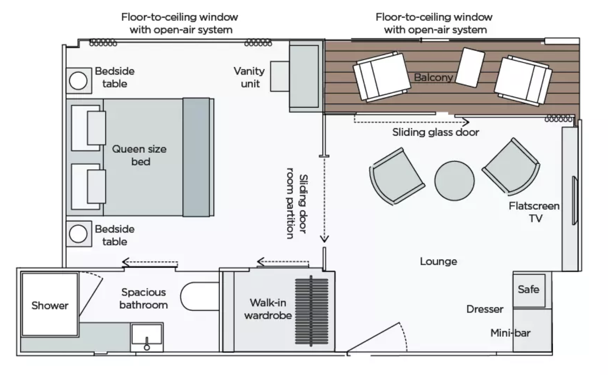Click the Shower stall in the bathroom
(x=49, y=304)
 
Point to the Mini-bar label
(x=510, y=333)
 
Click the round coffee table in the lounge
(x=454, y=180)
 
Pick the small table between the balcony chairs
(x=470, y=67)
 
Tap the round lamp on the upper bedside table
(x=78, y=81)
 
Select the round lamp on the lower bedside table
(x=78, y=234)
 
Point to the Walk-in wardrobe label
(x=268, y=309)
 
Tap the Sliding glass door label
(x=435, y=132)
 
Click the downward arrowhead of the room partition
(x=324, y=239)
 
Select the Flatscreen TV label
(x=534, y=212)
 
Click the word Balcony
(x=433, y=78)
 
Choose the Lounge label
(x=438, y=262)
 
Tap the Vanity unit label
(x=249, y=76)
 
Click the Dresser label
(x=485, y=309)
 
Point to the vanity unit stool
(x=279, y=76)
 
